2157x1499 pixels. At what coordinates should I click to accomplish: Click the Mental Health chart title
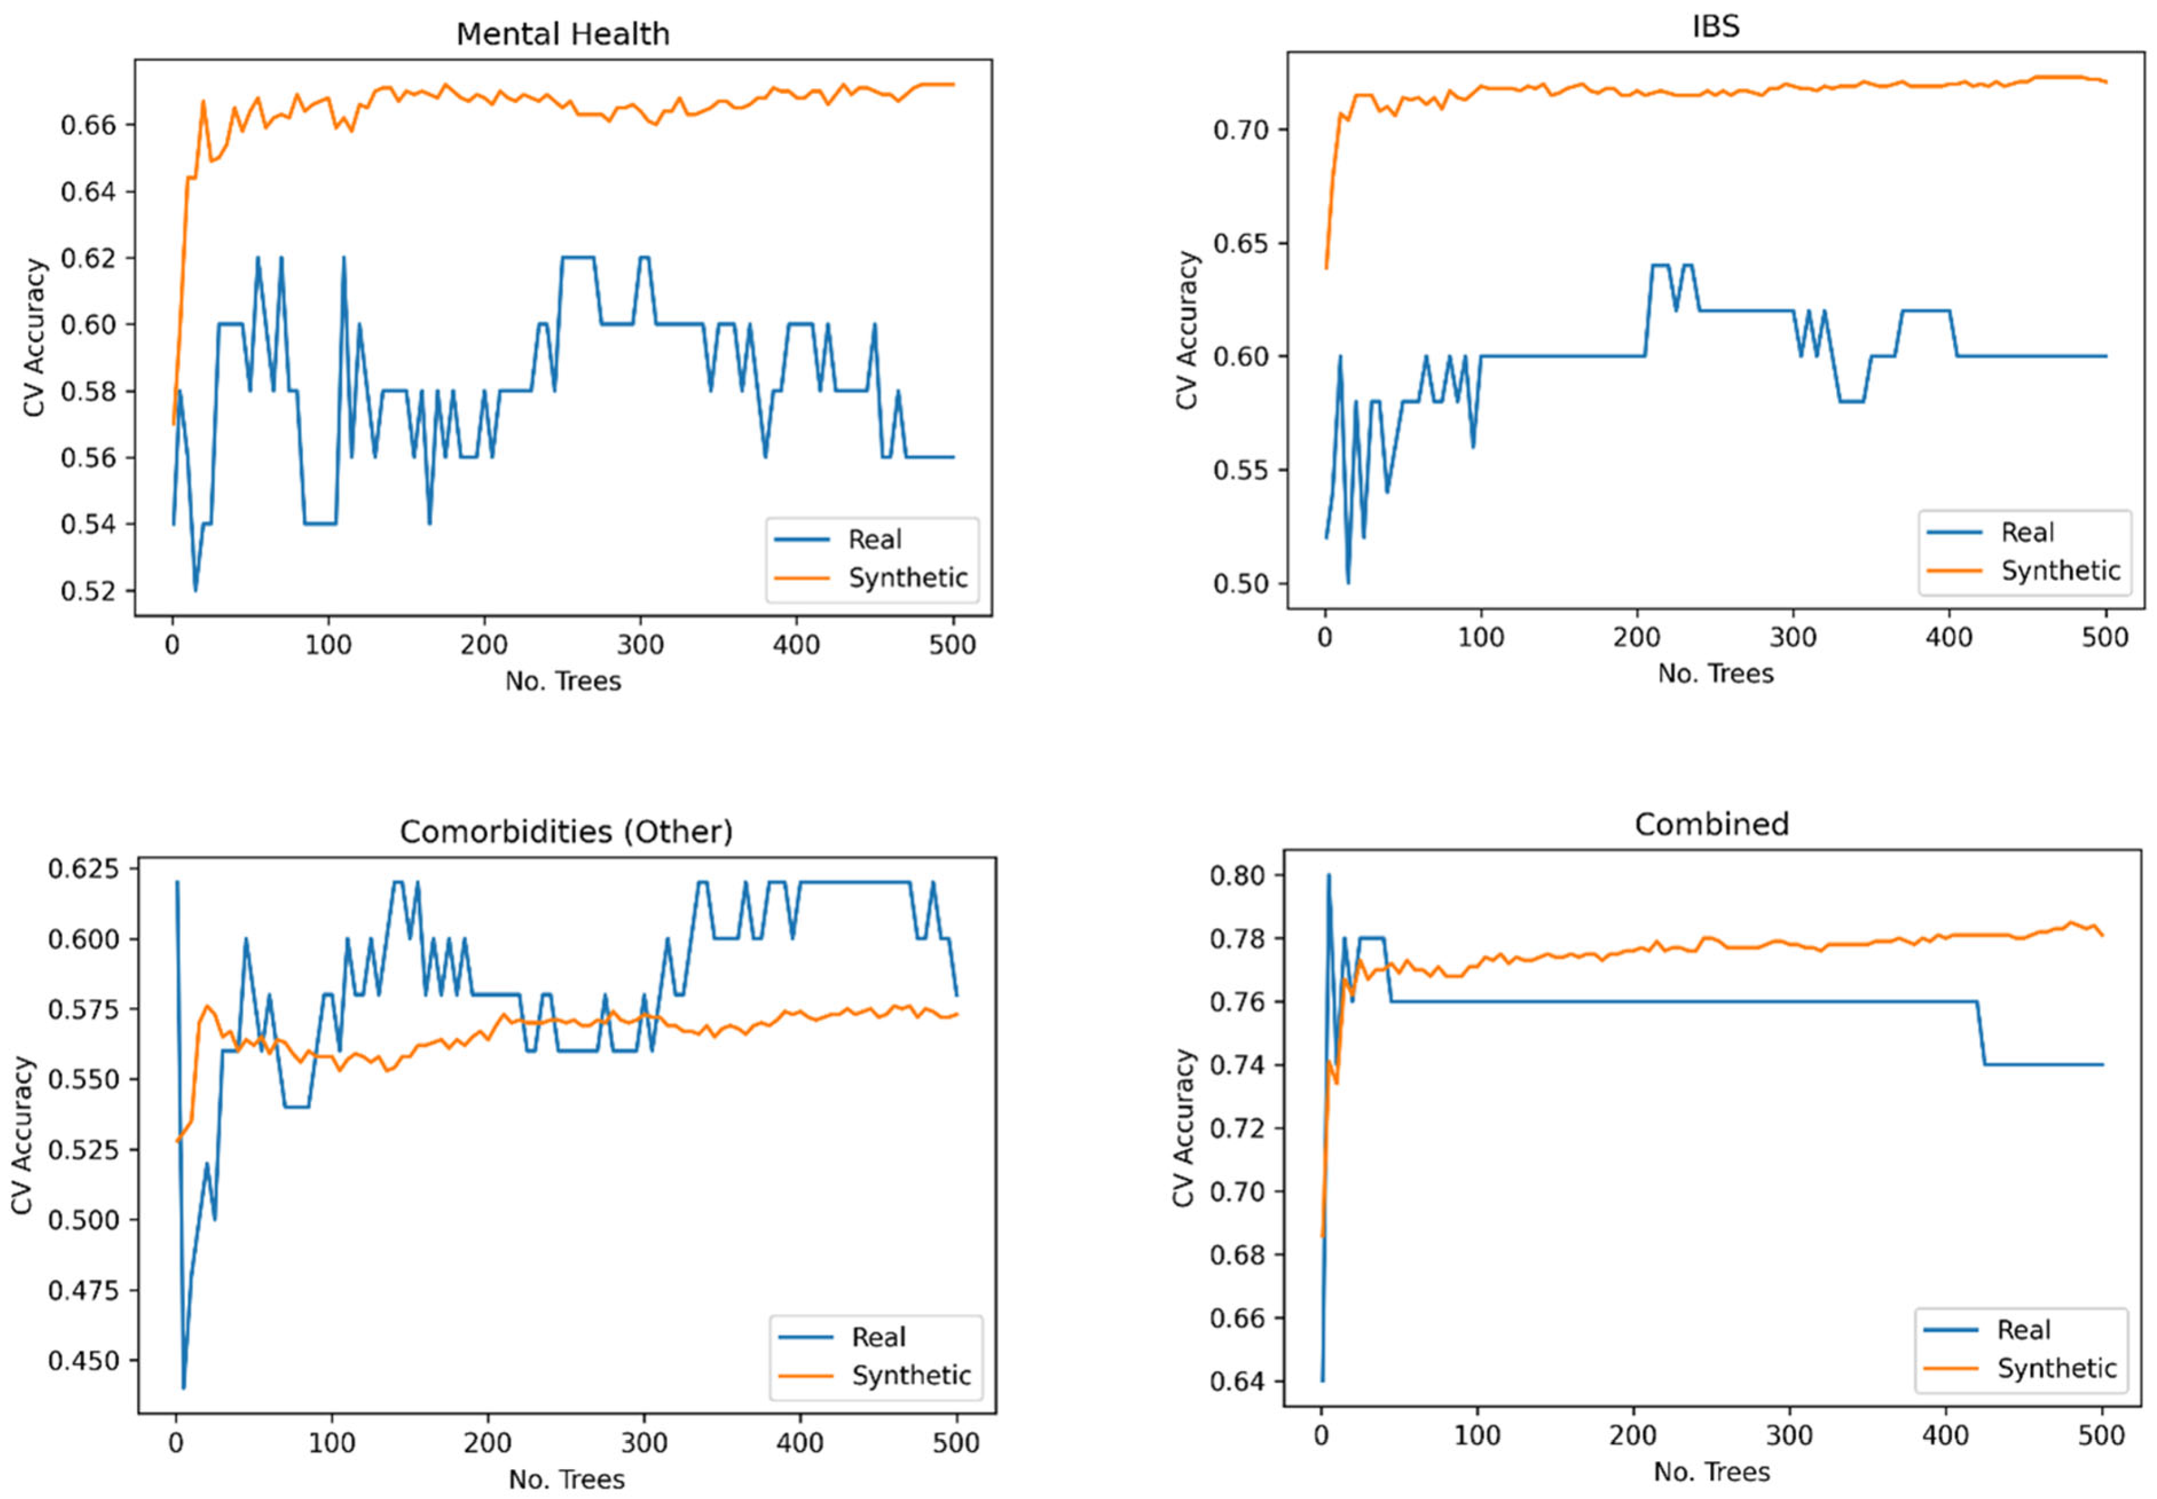click(563, 34)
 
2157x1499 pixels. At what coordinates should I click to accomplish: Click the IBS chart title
click(1715, 26)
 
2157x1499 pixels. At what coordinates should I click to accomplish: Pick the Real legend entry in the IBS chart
click(2027, 533)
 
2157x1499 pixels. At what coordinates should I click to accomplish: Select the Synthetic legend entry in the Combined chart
click(2055, 1369)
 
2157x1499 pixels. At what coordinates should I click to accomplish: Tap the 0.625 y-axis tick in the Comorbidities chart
click(85, 869)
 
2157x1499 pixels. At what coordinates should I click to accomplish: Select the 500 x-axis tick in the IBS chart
click(2105, 637)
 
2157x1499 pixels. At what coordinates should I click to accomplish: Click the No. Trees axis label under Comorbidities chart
click(566, 1480)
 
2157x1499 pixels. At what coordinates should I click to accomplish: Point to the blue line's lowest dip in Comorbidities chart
click(183, 1387)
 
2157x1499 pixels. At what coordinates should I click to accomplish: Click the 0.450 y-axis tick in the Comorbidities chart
click(85, 1360)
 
